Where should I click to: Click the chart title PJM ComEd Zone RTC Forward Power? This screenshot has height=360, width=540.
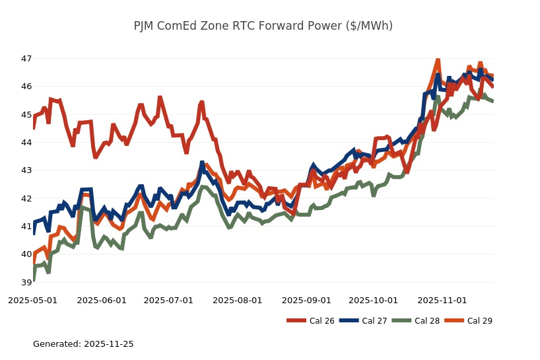(x=263, y=26)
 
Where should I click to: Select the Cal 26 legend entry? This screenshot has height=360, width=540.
(x=310, y=321)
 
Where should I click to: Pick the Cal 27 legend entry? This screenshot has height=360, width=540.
(x=363, y=321)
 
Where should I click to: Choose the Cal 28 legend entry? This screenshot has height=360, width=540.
(x=416, y=321)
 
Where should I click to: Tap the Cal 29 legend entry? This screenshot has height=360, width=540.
(x=469, y=321)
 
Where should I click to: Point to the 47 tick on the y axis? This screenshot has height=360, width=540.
(x=26, y=59)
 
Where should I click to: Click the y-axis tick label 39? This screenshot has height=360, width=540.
(x=26, y=283)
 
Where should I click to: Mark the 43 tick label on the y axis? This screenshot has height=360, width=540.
(x=26, y=170)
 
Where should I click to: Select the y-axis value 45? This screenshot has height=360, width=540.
(x=26, y=115)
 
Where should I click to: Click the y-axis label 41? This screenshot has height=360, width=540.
(x=26, y=227)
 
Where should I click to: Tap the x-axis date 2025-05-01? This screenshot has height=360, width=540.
(x=32, y=300)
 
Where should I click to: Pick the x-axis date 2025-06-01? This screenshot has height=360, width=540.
(x=102, y=300)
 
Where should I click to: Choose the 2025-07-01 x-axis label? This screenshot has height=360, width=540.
(x=168, y=300)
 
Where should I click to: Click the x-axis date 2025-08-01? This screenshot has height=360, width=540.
(x=238, y=300)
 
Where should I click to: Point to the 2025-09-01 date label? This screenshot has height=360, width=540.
(x=306, y=300)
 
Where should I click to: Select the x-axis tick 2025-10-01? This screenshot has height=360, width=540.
(x=373, y=300)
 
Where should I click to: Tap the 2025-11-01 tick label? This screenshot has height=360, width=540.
(x=442, y=300)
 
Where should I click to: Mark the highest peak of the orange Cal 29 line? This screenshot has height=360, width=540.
(x=438, y=60)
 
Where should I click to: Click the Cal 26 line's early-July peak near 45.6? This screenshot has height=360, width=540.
(x=160, y=98)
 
